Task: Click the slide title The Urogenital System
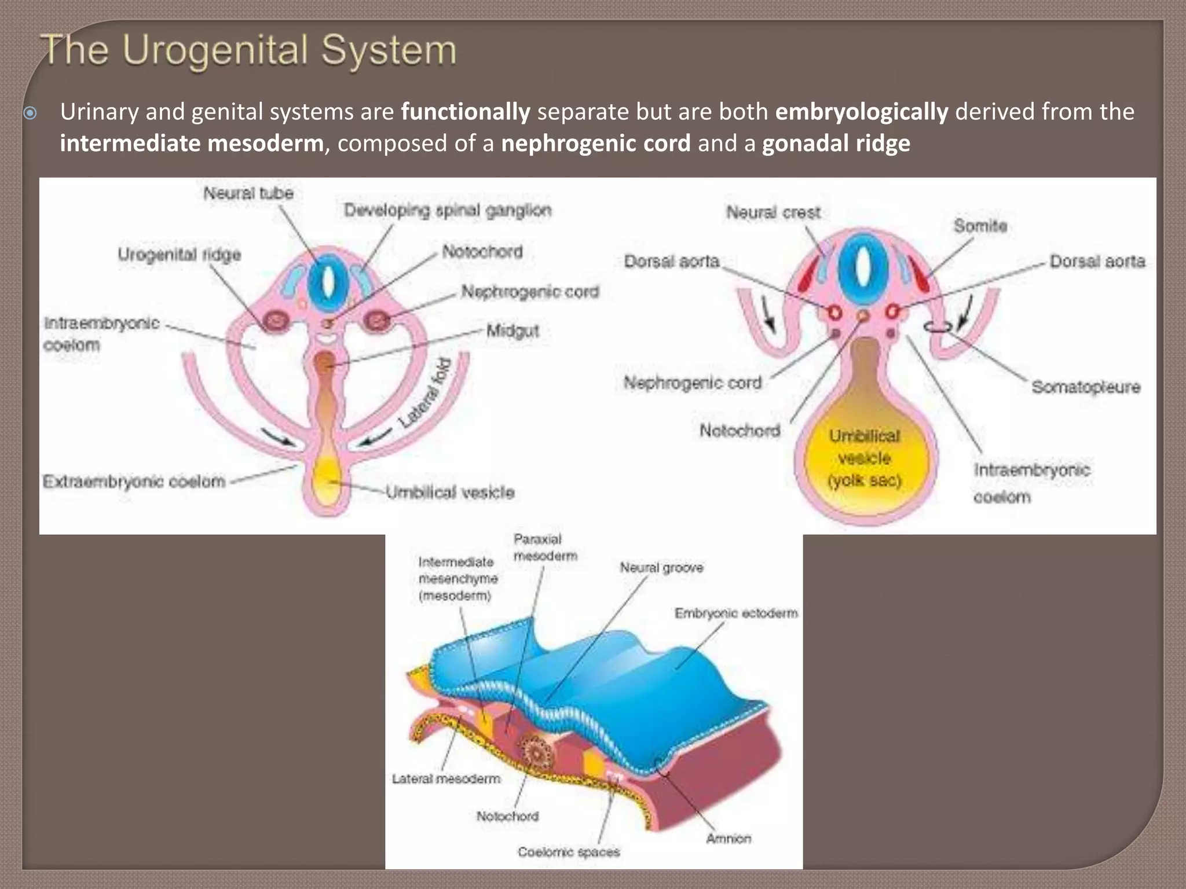pyautogui.click(x=249, y=51)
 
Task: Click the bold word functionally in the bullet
pyautogui.click(x=465, y=112)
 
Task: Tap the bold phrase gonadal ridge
pyautogui.click(x=836, y=144)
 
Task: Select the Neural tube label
pyautogui.click(x=248, y=193)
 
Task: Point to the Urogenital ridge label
pyautogui.click(x=179, y=255)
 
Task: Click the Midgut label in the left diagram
pyautogui.click(x=513, y=331)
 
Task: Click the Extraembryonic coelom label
pyautogui.click(x=134, y=482)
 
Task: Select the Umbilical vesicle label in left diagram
pyautogui.click(x=450, y=493)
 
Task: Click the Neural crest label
pyautogui.click(x=773, y=213)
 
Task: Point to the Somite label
pyautogui.click(x=980, y=226)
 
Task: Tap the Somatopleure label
pyautogui.click(x=1085, y=387)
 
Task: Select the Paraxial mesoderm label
pyautogui.click(x=545, y=548)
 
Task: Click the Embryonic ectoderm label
pyautogui.click(x=735, y=613)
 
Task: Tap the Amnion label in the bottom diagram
pyautogui.click(x=728, y=839)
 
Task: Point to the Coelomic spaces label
pyautogui.click(x=569, y=852)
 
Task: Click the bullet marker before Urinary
pyautogui.click(x=30, y=113)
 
